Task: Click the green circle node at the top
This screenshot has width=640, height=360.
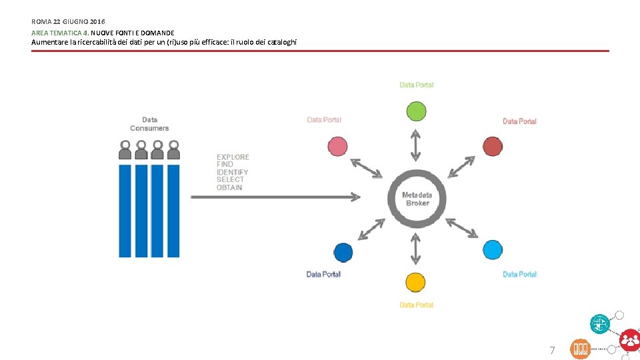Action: coord(416,111)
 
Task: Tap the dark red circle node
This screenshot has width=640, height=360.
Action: coord(493,147)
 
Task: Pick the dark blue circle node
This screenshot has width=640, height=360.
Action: coord(343,252)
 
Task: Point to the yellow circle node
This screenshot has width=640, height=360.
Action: coord(415,282)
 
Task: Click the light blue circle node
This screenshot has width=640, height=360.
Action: coord(493,250)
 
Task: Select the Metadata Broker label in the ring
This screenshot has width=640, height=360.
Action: coord(417,199)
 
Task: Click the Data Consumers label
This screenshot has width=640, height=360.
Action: coord(149,124)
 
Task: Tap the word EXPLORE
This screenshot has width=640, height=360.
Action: coord(233,157)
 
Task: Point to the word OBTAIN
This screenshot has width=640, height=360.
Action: coord(229,187)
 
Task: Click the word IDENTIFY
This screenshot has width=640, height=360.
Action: coord(232,172)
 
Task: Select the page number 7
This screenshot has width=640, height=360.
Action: coord(551,350)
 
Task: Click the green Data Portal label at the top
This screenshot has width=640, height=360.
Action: coord(417,85)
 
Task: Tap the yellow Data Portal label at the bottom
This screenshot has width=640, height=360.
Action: coord(417,305)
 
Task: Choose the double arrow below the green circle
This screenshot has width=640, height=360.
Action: coord(416,145)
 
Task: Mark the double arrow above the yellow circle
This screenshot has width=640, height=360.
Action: coord(416,249)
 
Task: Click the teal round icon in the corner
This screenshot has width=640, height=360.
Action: coord(600,323)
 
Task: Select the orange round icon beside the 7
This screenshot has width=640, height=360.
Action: coord(580,349)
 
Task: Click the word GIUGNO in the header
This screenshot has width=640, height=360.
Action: coord(75,21)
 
